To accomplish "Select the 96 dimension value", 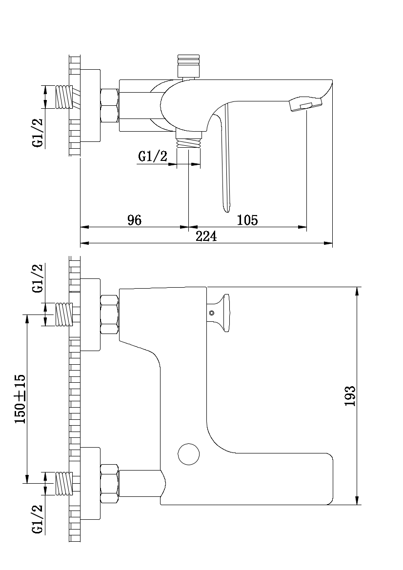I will tap(134, 220).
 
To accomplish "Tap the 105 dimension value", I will tap(247, 220).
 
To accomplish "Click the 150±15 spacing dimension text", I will tap(20, 398).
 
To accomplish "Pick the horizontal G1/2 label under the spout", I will tap(153, 157).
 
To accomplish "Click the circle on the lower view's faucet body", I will tap(189, 454).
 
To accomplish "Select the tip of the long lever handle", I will tap(227, 209).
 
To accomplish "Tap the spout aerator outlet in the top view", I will tap(305, 105).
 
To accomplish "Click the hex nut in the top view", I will tap(109, 105).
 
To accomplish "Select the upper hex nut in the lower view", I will tap(109, 314).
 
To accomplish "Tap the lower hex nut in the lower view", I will tap(109, 484).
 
